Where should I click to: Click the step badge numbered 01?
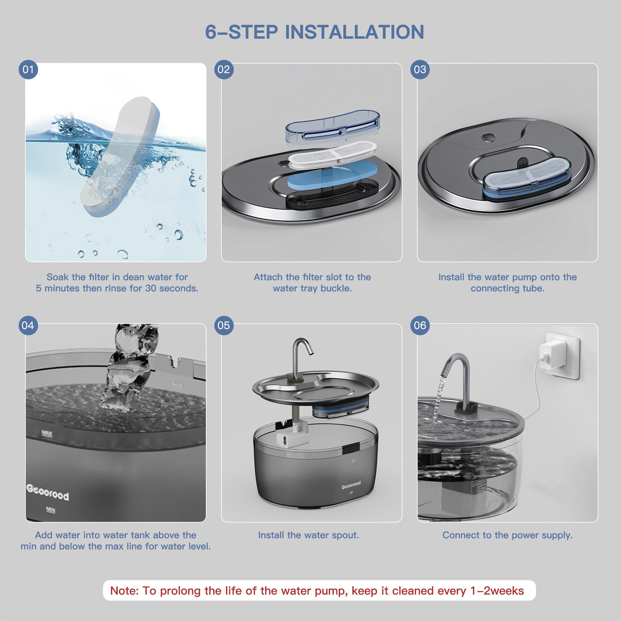28,70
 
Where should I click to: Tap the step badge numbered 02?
224,70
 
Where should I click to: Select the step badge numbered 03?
420,70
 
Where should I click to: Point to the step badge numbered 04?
28,325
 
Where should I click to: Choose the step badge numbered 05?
224,325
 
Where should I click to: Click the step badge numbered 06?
420,325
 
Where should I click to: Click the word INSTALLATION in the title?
355,32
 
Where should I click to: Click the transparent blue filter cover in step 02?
333,129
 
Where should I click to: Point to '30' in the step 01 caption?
151,288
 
